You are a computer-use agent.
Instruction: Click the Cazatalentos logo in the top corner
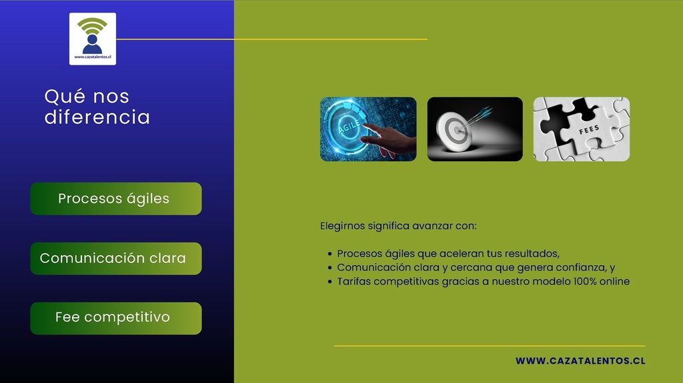coord(92,39)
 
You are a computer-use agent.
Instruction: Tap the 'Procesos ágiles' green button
coord(116,198)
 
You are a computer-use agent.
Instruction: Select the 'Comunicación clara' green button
coord(116,258)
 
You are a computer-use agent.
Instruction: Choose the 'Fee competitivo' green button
coord(116,318)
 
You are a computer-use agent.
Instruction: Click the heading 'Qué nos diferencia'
coord(97,107)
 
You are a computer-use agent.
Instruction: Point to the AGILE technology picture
coord(368,129)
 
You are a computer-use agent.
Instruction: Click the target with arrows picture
coord(475,129)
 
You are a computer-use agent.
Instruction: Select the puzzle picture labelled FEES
coord(582,129)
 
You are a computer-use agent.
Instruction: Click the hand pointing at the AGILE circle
coord(390,140)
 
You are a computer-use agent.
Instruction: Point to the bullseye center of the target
coord(457,130)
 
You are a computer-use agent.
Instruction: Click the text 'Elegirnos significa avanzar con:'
coord(398,226)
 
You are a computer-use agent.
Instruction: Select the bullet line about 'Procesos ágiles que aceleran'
coord(448,254)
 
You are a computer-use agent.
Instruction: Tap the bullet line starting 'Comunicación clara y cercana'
coord(476,268)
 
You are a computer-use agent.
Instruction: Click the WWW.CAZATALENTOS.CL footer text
coord(580,361)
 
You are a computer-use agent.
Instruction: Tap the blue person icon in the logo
coord(92,45)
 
